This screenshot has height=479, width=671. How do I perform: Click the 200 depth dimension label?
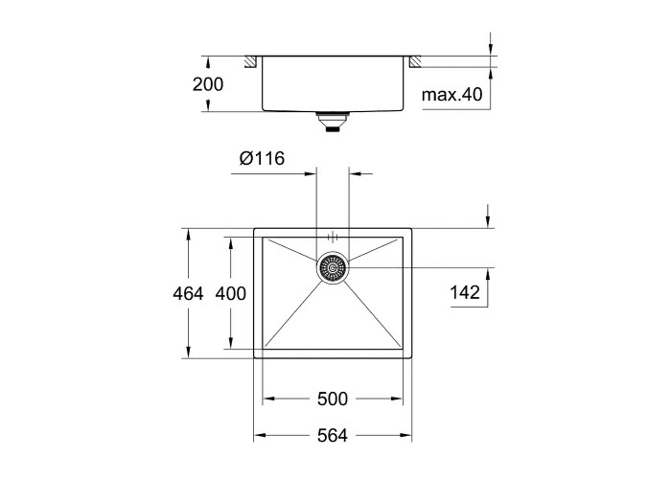[208, 84]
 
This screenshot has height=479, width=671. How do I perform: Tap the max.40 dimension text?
[451, 94]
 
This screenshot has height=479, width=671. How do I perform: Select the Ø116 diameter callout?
[262, 158]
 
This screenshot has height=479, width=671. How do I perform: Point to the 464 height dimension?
[188, 294]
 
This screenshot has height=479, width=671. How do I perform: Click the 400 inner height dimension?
[231, 294]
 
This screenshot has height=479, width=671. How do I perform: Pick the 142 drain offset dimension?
[465, 292]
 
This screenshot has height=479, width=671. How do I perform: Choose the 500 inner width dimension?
[333, 399]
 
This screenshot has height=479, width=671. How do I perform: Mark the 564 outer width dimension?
[333, 436]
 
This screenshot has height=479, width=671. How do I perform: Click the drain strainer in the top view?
[333, 267]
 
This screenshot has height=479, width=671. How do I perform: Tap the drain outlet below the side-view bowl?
[333, 122]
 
